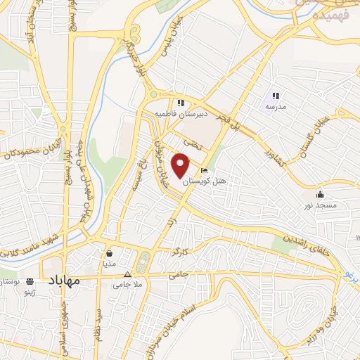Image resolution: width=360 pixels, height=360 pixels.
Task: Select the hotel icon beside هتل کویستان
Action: (x=204, y=171)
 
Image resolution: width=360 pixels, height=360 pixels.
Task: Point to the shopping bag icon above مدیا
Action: (x=110, y=253)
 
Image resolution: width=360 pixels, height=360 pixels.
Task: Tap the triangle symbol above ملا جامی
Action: (x=127, y=274)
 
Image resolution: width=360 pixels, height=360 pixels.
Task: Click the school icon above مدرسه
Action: (x=276, y=95)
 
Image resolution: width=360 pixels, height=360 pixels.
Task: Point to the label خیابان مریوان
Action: (x=160, y=155)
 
